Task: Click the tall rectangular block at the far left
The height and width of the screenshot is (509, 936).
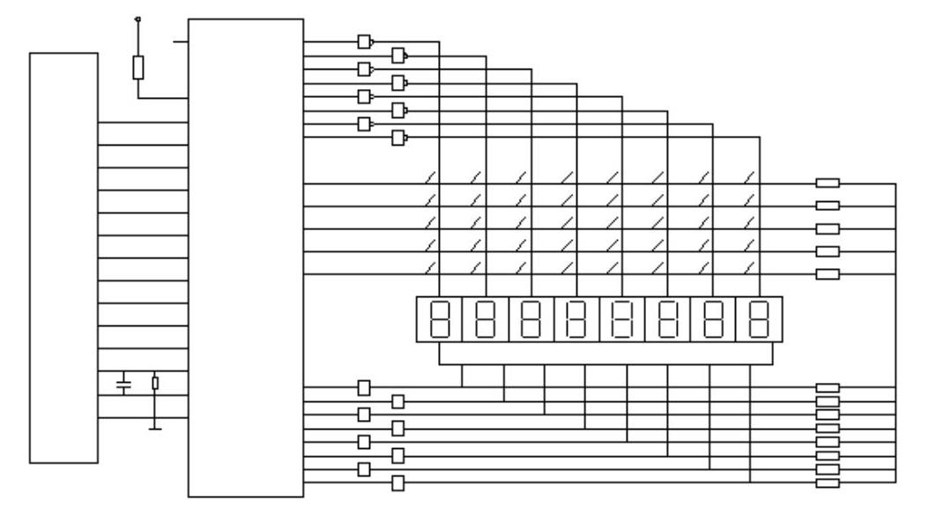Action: pos(63,257)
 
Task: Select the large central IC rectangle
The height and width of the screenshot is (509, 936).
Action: pos(246,257)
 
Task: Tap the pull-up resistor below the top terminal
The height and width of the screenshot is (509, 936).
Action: pos(137,67)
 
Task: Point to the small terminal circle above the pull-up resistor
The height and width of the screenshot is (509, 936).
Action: pos(137,19)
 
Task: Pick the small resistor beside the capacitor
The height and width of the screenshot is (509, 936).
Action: pos(155,383)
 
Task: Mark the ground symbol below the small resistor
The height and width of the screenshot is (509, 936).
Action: pos(155,428)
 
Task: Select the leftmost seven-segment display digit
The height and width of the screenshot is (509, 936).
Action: pos(439,319)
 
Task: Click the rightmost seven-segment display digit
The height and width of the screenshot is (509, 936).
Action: pos(758,319)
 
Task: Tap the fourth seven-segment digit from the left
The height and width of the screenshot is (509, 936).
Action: pos(576,319)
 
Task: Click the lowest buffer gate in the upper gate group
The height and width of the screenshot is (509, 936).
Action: pos(399,137)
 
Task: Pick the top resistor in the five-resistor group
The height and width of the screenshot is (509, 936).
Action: pos(828,183)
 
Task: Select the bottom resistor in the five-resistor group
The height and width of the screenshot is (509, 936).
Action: pos(828,274)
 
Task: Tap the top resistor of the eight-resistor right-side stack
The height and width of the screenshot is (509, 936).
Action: pos(828,387)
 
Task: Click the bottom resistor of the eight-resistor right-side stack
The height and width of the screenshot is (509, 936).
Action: pos(828,483)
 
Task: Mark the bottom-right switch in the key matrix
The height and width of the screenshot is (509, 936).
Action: pos(750,268)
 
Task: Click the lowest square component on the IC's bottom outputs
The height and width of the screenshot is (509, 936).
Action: pos(398,483)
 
